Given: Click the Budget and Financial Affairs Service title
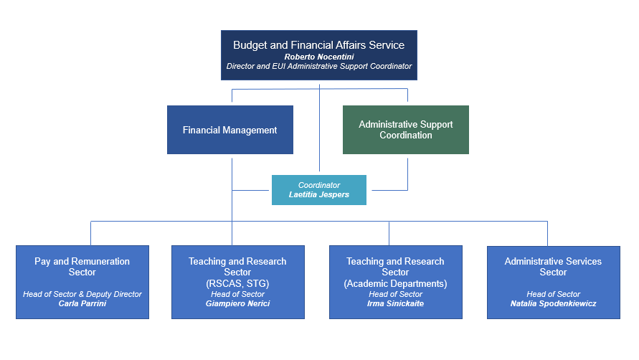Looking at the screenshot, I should (x=318, y=44).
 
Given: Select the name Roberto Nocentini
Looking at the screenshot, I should (x=318, y=56).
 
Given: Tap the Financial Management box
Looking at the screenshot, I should (x=229, y=130).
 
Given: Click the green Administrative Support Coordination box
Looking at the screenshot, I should (x=406, y=130).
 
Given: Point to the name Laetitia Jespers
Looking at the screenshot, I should (x=318, y=195).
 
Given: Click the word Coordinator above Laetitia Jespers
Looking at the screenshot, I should (x=318, y=185).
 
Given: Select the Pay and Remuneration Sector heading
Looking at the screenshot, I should (x=82, y=267).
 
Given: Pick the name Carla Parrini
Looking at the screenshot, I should (x=82, y=304).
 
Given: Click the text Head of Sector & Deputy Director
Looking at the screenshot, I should (x=82, y=294).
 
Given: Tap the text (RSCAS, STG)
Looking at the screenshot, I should (x=237, y=283).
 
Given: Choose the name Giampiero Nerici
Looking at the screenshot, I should (x=237, y=304).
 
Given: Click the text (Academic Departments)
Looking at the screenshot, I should (x=395, y=283).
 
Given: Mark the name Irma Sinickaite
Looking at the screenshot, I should (x=395, y=304).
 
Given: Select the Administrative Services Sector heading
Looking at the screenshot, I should (x=553, y=267).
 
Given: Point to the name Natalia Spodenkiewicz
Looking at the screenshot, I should (x=553, y=304).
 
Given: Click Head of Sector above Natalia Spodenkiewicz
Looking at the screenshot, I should (x=553, y=294).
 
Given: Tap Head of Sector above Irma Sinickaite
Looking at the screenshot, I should (x=395, y=294).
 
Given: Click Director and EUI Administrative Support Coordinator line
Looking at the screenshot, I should (x=318, y=66).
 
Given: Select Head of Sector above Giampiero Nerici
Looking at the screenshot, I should (x=237, y=294).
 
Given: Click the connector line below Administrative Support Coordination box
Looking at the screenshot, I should (x=408, y=172).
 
